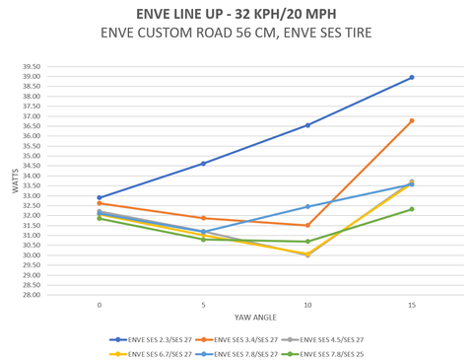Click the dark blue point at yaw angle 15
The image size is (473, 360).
point(412,77)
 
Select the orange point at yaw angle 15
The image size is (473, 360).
point(412,120)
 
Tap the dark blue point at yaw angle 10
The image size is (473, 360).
point(307,125)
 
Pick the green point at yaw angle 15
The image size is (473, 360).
point(412,209)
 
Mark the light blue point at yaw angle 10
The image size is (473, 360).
point(307,207)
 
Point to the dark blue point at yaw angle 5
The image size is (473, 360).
point(203,164)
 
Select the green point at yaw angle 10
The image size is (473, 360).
point(307,242)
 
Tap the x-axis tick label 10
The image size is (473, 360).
point(307,306)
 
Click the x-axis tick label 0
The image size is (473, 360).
point(100,306)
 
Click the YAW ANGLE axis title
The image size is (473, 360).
point(255,318)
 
